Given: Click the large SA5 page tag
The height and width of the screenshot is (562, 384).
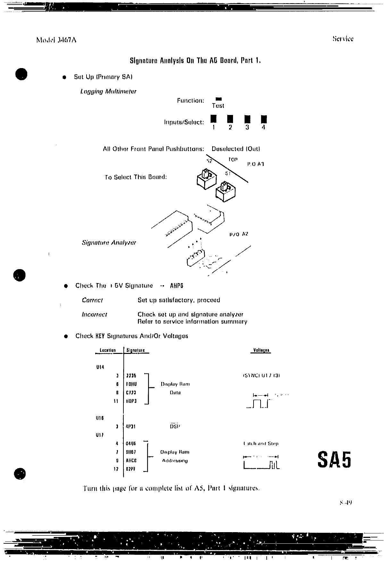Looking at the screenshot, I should [x=334, y=460].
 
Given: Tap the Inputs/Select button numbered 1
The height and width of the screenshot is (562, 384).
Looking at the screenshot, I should [x=213, y=119].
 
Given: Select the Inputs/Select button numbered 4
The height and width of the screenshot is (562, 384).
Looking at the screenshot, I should [x=263, y=119].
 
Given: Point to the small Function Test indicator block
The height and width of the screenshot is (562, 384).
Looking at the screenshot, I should [x=219, y=99].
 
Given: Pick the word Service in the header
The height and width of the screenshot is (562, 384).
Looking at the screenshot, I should [x=343, y=39].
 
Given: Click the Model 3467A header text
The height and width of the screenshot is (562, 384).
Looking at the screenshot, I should [x=56, y=40].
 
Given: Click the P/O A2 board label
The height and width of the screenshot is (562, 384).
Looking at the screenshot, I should [x=239, y=234].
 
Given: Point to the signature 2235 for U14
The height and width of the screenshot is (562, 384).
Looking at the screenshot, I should [x=131, y=375].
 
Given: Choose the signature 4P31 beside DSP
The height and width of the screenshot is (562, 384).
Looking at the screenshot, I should [x=131, y=426].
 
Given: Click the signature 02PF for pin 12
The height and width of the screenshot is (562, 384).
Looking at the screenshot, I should [x=131, y=469].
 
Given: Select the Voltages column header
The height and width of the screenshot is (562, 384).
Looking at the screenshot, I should [x=261, y=350].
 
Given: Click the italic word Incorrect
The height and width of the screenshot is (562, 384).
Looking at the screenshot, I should [x=94, y=315].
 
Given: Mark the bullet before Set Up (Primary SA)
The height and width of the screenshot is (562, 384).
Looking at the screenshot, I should [x=65, y=77].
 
